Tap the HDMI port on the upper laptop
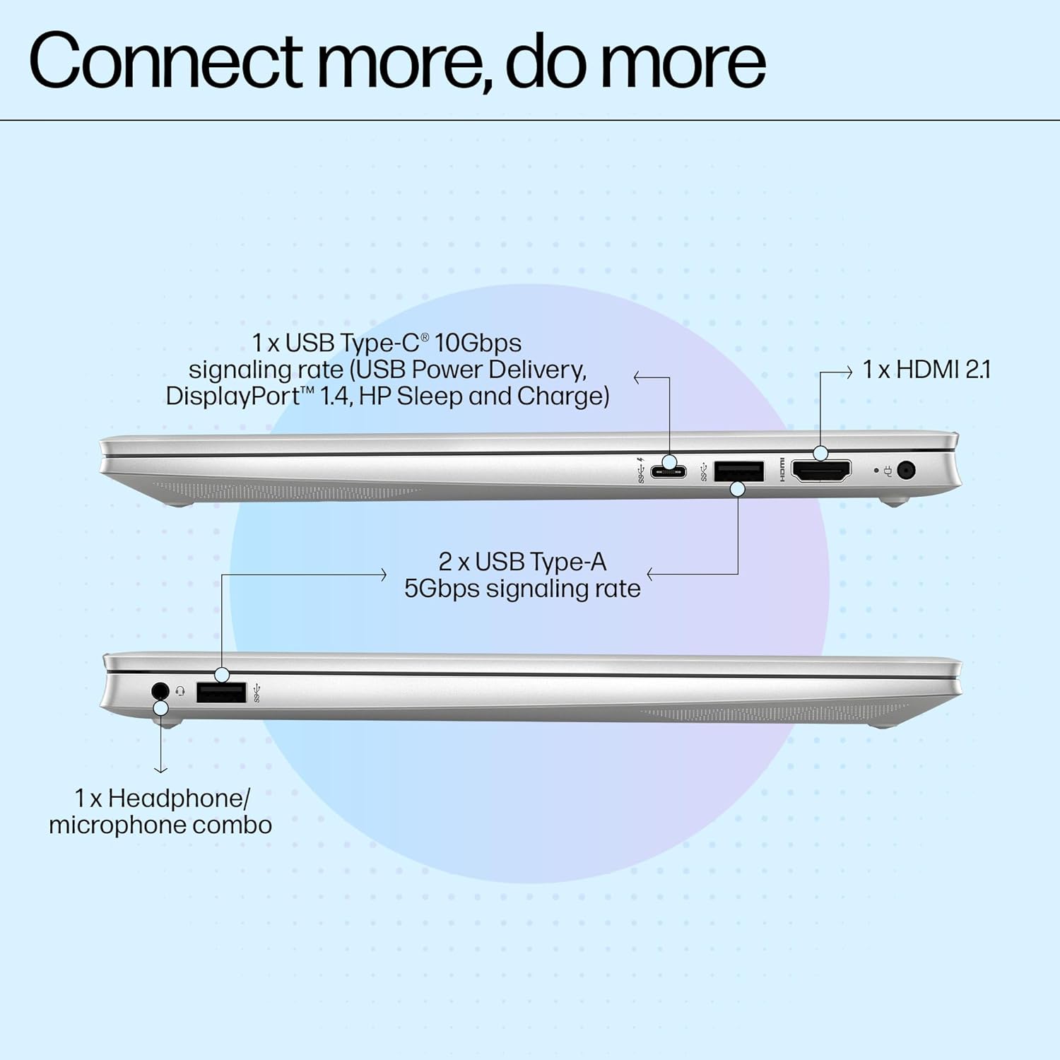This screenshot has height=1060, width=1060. [x=821, y=471]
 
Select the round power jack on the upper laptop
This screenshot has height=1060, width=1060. [x=905, y=470]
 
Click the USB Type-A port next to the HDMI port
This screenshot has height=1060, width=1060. [x=738, y=471]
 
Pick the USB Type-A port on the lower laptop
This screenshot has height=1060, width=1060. [x=221, y=693]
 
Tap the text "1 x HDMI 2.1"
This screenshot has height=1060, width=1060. [x=926, y=370]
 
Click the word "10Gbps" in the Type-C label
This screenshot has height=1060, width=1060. [x=478, y=343]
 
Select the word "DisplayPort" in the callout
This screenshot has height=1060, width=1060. [x=230, y=396]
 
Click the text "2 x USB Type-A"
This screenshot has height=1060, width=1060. [x=522, y=562]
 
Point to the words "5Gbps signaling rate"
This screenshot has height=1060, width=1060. [x=522, y=589]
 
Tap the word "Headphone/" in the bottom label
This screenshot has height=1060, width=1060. [x=179, y=799]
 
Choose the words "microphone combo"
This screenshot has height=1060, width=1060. [x=160, y=825]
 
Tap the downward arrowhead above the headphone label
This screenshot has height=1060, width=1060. [x=161, y=770]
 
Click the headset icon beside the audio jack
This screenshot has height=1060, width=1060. [x=180, y=691]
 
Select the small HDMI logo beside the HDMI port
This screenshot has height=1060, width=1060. [x=782, y=471]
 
